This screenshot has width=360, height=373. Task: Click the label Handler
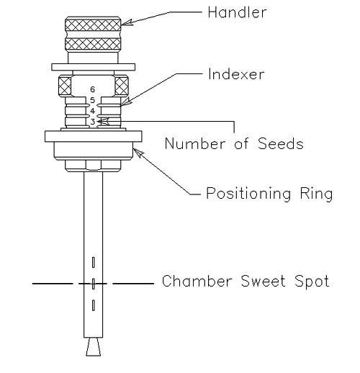237,12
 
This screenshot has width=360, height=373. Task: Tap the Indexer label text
236,74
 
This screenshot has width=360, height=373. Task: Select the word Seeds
281,143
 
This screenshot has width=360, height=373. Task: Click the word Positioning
248,194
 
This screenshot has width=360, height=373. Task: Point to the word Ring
316,194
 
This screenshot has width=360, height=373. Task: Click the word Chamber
197,281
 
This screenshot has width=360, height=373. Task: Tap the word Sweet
263,281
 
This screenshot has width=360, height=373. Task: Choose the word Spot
312,282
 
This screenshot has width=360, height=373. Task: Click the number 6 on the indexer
92,89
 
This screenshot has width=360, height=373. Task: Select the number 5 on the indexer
92,100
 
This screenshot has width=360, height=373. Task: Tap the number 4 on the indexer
92,111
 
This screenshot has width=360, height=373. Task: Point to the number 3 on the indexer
92,122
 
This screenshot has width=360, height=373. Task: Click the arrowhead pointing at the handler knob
127,22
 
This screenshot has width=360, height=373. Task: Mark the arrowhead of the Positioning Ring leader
138,153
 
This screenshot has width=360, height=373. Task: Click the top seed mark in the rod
93,262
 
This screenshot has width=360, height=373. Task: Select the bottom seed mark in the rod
93,305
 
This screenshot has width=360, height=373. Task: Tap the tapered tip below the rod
94,347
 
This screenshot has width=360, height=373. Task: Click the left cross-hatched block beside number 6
65,86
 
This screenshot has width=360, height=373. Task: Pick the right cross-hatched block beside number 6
122,86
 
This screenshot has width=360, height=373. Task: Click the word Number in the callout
195,143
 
